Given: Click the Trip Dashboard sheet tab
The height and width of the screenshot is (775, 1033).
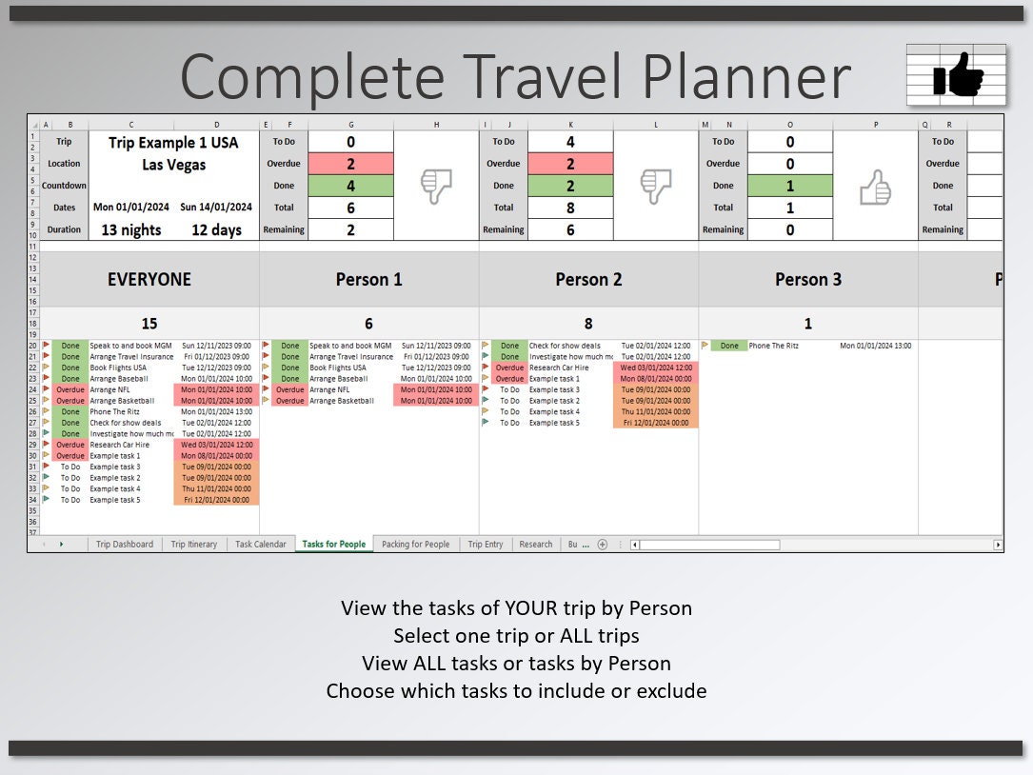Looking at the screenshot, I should coord(125,545).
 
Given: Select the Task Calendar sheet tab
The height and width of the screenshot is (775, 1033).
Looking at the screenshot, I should coord(261,545).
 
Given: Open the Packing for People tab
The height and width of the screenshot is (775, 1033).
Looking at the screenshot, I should coord(415,545).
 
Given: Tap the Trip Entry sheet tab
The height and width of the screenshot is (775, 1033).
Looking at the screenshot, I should coord(486,545).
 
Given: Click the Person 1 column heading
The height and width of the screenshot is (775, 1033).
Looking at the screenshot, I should coord(368,280).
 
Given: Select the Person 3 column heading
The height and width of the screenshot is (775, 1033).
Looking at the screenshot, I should coord(808,280).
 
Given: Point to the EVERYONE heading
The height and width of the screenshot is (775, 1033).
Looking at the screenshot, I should coord(149,280).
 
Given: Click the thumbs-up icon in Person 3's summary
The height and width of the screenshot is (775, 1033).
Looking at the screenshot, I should coord(875,187).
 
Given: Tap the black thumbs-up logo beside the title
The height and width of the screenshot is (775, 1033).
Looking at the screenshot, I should coord(957,75).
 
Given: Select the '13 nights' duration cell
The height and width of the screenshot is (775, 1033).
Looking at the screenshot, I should coord(131,229).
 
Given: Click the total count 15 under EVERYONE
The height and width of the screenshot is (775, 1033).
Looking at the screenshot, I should coord(149,324).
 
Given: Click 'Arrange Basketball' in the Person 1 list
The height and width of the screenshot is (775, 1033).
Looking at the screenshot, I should coord(342,401).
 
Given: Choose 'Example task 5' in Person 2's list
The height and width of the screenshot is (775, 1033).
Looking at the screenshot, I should coord(554,423).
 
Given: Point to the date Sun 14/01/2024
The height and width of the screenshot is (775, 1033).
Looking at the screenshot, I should coord(217,208).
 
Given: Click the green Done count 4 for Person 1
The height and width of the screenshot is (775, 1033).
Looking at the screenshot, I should coord(350,186).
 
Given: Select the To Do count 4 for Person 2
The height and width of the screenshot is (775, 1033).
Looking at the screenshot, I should coord(570,142).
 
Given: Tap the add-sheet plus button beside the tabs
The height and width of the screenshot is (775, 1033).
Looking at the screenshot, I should coord(602,545).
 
